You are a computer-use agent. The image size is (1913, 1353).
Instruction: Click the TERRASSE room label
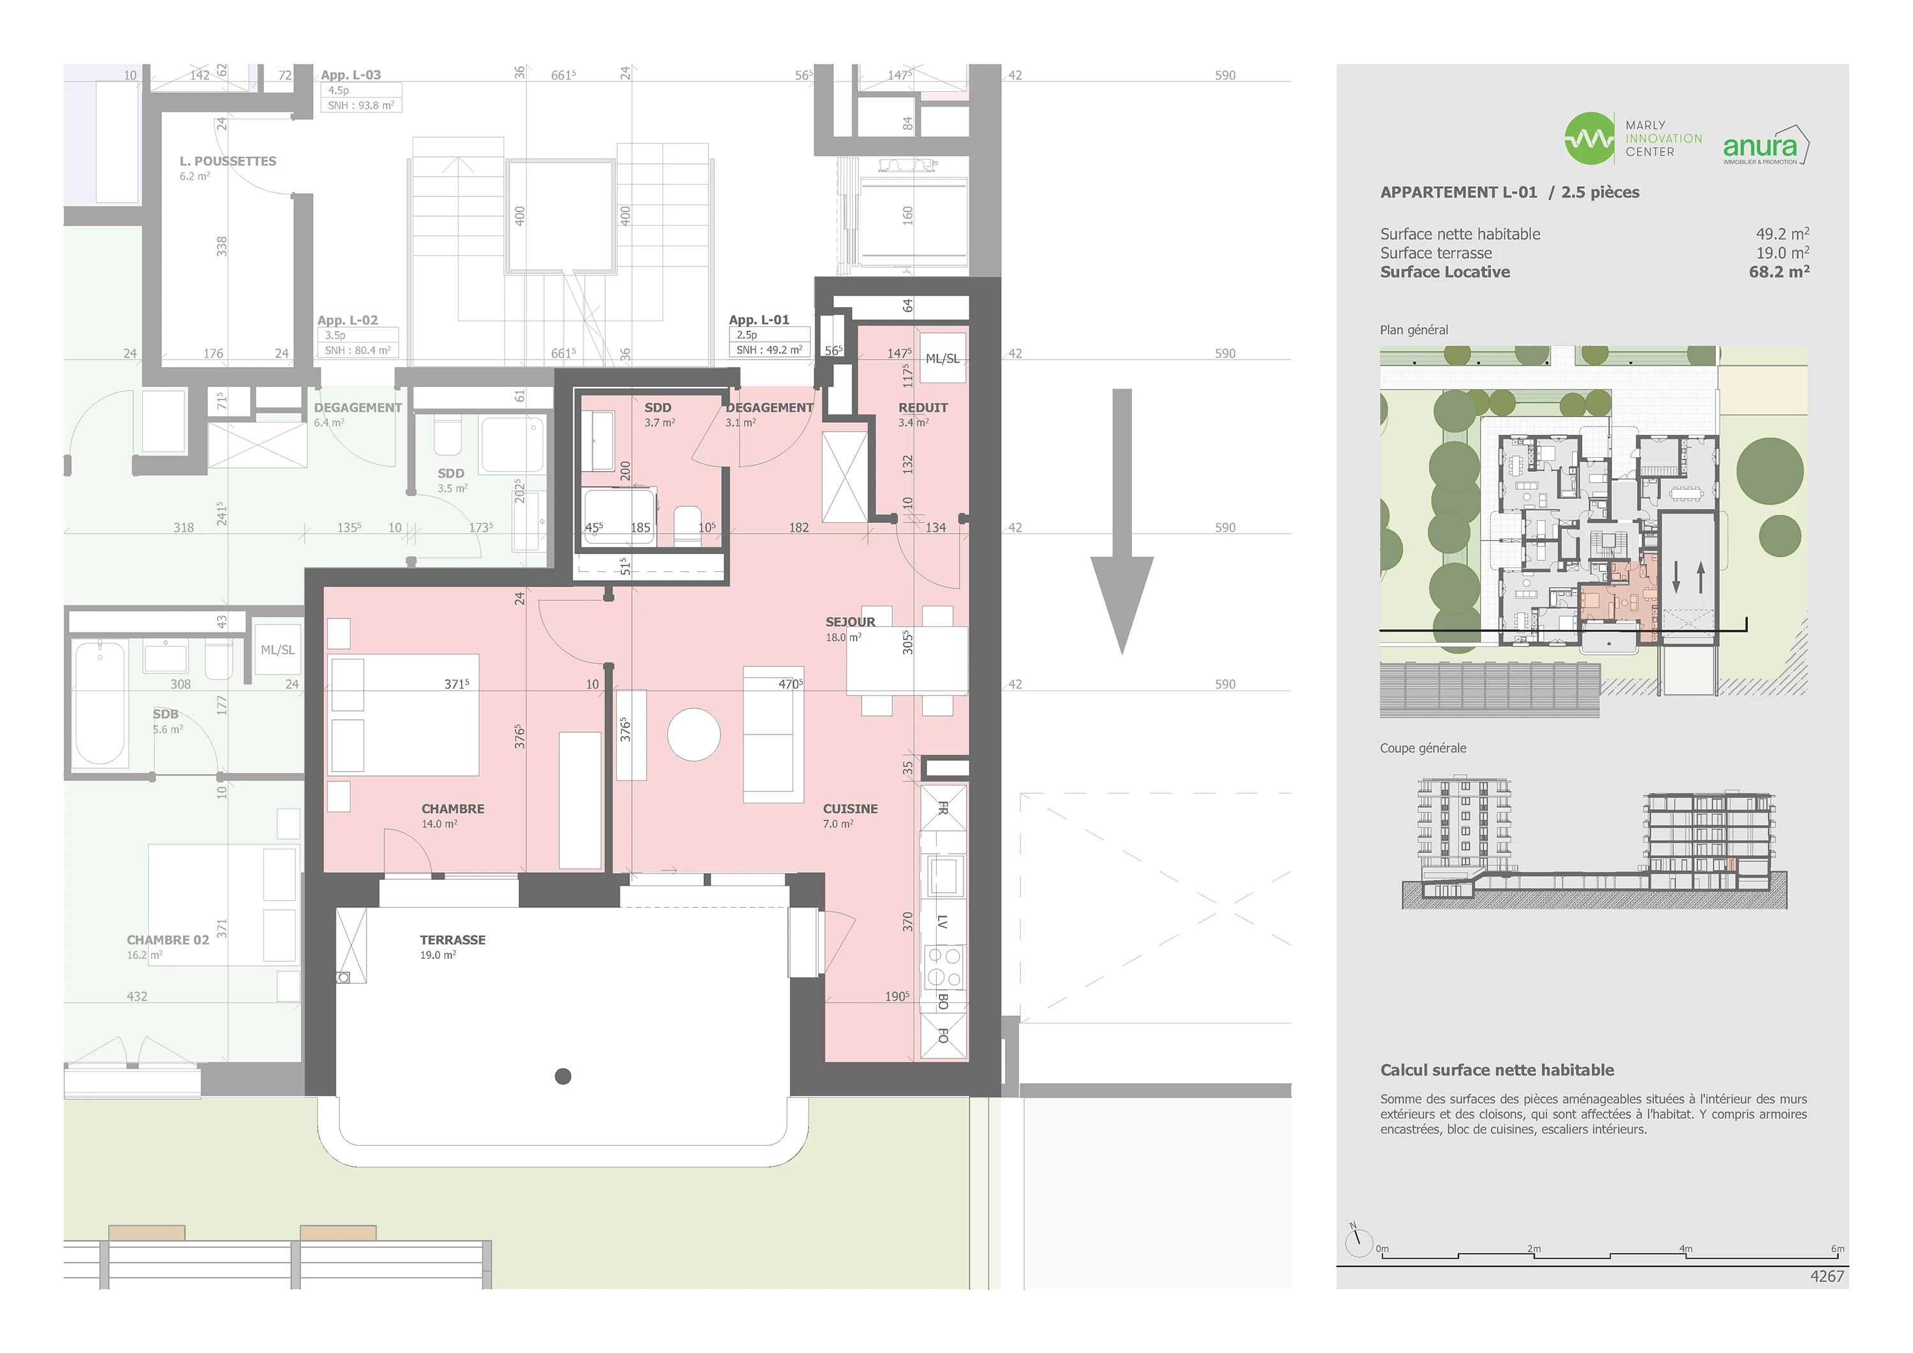[452, 940]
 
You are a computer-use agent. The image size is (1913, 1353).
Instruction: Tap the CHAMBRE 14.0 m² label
[452, 815]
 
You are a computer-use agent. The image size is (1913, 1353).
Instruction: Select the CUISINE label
[850, 809]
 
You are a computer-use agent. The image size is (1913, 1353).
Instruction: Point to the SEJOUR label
[850, 622]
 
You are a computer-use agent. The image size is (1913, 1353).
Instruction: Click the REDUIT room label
[922, 407]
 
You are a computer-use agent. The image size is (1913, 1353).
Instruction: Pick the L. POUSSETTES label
[228, 161]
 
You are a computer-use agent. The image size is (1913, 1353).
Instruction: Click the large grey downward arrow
[1122, 522]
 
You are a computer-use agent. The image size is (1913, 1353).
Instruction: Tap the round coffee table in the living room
[694, 735]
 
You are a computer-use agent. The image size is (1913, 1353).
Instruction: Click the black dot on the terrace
[563, 1076]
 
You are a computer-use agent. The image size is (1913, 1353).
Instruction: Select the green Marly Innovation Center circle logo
[1589, 138]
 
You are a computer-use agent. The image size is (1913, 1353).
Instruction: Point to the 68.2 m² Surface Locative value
[1779, 272]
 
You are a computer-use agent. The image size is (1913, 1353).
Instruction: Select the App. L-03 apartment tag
[351, 75]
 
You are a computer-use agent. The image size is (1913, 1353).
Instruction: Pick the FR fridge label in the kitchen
[943, 808]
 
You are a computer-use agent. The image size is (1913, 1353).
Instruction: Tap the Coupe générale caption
[1423, 748]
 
